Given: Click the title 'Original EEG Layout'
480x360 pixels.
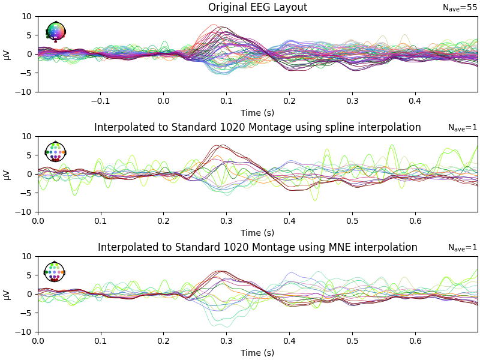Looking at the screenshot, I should pyautogui.click(x=257, y=8).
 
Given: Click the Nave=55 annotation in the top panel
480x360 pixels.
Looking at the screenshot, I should pyautogui.click(x=460, y=8).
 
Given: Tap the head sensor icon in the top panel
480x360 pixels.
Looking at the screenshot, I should pyautogui.click(x=56, y=31).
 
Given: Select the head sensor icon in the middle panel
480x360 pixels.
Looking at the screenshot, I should pyautogui.click(x=55, y=152).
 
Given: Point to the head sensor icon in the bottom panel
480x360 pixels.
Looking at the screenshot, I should pyautogui.click(x=55, y=272).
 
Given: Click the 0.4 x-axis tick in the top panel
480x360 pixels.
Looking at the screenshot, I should pyautogui.click(x=415, y=101).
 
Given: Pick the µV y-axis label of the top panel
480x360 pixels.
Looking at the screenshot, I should pyautogui.click(x=7, y=54).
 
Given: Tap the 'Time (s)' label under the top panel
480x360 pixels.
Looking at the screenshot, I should pyautogui.click(x=257, y=113).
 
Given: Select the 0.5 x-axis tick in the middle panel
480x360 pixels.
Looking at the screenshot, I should pyautogui.click(x=352, y=221).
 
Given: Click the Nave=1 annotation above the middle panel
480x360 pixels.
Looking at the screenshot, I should pyautogui.click(x=462, y=128).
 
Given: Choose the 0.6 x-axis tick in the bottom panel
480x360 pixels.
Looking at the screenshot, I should pyautogui.click(x=415, y=341).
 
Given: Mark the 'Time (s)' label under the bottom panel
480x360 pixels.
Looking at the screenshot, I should pyautogui.click(x=257, y=353).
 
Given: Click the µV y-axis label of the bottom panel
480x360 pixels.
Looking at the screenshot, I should pyautogui.click(x=7, y=294).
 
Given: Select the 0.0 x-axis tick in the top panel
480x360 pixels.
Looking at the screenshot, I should pyautogui.click(x=163, y=101).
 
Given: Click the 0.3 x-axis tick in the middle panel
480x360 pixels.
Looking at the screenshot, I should pyautogui.click(x=226, y=221).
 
